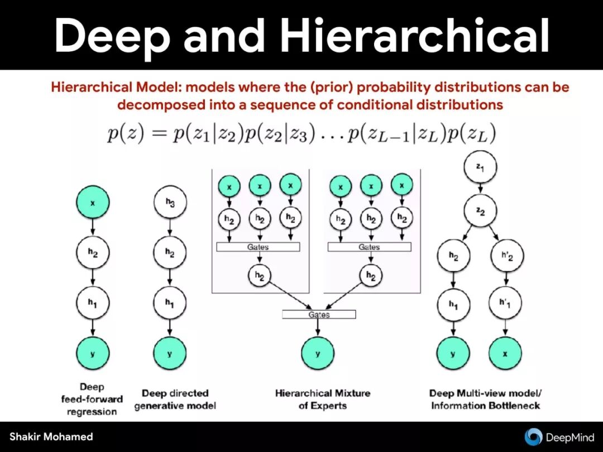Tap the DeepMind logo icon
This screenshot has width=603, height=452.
click(x=534, y=436)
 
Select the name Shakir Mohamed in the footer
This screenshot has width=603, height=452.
click(x=51, y=436)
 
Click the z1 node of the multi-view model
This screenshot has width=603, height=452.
click(x=480, y=168)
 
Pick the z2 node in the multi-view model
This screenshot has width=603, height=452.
click(x=480, y=210)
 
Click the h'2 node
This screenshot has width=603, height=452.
click(x=505, y=257)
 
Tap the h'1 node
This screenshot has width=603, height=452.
click(x=505, y=304)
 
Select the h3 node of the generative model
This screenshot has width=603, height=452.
click(x=170, y=204)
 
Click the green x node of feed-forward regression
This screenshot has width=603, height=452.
click(x=93, y=204)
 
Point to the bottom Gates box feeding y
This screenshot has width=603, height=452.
click(x=319, y=315)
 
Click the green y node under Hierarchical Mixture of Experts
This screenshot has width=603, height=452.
click(x=318, y=353)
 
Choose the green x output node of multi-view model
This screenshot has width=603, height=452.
click(x=505, y=353)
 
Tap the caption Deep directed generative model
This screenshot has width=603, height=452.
click(x=175, y=399)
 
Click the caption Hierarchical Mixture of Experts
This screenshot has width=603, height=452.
click(x=322, y=399)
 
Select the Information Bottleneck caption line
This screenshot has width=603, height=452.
click(x=485, y=406)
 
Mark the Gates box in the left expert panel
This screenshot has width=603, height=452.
click(x=257, y=247)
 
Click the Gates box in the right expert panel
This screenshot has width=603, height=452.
click(x=369, y=247)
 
